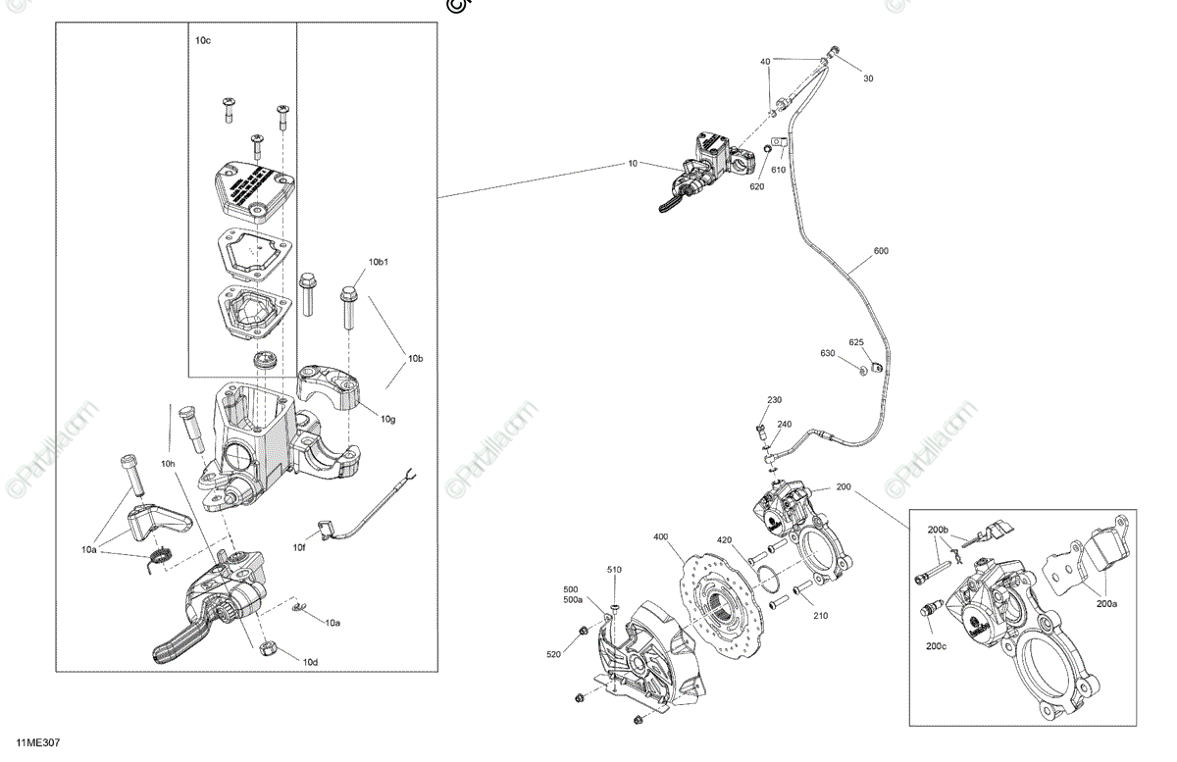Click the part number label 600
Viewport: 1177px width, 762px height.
click(880, 251)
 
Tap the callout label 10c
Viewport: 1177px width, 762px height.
click(203, 40)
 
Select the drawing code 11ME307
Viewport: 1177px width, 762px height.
click(37, 745)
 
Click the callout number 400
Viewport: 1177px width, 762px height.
click(661, 536)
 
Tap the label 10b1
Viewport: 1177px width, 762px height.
click(380, 262)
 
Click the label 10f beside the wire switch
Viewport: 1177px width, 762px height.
click(299, 546)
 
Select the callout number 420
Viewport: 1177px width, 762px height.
click(724, 539)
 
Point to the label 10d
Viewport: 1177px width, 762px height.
click(310, 662)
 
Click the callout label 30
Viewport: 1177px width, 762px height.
click(867, 78)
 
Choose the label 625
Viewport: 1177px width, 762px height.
click(856, 342)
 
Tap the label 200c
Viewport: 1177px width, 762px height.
click(935, 645)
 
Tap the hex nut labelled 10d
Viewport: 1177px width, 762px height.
click(267, 648)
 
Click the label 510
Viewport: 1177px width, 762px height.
click(614, 570)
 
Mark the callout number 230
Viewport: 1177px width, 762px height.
click(774, 400)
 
